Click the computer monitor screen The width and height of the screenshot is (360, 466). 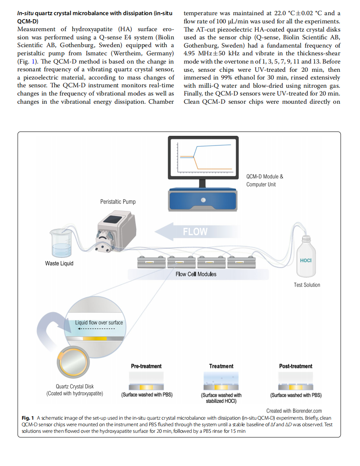(203, 157)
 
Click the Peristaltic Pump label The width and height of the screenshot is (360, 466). (118, 202)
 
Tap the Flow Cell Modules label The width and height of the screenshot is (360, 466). (196, 274)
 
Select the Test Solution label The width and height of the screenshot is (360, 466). (307, 285)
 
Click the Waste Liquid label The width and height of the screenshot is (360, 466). (59, 263)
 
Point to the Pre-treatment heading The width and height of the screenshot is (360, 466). (146, 366)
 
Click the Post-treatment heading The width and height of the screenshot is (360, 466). (296, 366)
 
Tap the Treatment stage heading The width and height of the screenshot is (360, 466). (221, 366)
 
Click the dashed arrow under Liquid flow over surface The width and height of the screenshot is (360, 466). (96, 329)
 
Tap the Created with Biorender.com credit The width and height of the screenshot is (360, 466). (294, 411)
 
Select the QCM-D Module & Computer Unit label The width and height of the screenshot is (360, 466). (264, 180)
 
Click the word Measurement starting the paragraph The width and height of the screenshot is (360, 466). (36, 29)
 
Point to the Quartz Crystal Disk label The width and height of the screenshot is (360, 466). (75, 386)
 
